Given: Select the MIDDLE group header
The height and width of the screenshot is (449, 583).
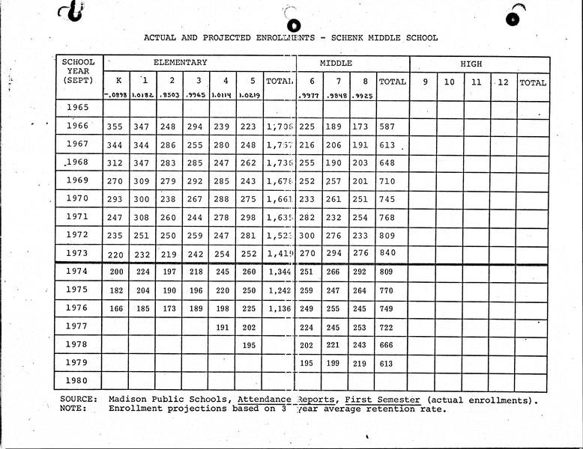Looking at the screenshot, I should coord(336,64).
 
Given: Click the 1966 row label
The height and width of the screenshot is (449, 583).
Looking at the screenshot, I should coord(78,126).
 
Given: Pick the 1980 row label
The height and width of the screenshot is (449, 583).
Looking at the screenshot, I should coord(78,380).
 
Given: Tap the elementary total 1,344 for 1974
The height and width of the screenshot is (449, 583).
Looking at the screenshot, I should coord(280,272).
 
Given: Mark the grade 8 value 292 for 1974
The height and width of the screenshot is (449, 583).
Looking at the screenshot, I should coord(360,272).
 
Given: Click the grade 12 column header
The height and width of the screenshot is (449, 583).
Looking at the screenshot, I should coord(504,82).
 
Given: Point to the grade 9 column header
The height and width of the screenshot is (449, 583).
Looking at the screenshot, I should coord(423,82).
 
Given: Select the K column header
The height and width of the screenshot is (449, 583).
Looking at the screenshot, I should coord(117,81).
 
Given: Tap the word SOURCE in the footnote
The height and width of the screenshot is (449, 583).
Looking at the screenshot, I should coord(78,400).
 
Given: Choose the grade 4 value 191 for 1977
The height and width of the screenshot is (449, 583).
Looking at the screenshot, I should coord(222,326).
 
